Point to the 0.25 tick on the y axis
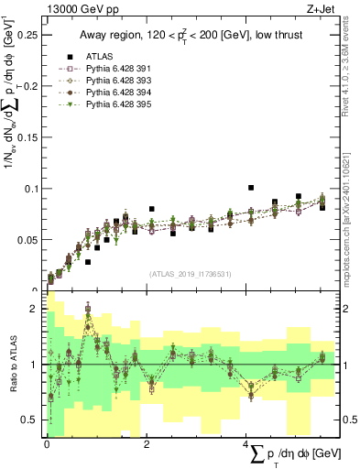point(30,35)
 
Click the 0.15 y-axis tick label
point(30,137)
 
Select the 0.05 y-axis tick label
point(30,240)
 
